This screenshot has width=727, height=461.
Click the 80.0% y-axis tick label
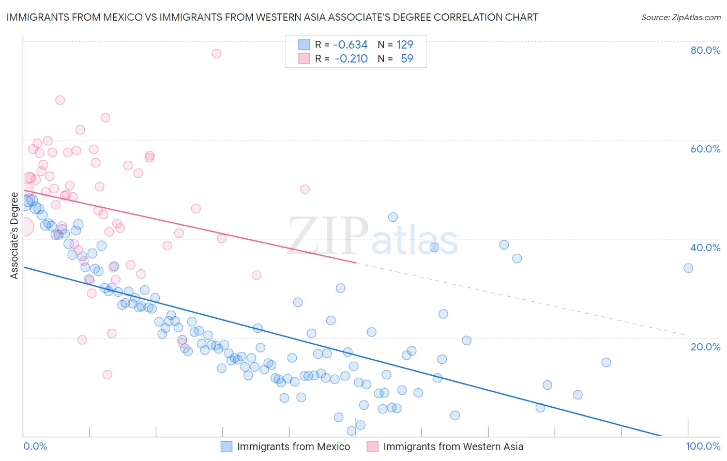click(705, 50)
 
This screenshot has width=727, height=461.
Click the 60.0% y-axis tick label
click(705, 149)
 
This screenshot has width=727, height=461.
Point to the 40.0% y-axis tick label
click(705, 248)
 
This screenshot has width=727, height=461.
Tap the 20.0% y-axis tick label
click(705, 347)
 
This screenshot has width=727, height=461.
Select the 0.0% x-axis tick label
click(35, 446)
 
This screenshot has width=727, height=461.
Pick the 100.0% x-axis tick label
click(703, 446)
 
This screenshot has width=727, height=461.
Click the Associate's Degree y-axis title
click(14, 236)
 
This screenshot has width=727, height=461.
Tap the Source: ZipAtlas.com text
click(680, 17)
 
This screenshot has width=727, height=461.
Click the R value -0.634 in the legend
click(350, 44)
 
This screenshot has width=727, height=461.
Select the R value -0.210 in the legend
click(351, 58)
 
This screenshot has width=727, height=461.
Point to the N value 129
click(405, 44)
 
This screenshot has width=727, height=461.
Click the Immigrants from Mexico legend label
click(293, 447)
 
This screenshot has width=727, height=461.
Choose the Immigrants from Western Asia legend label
click(453, 447)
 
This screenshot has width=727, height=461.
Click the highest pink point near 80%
click(217, 54)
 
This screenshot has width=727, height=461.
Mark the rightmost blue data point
click(688, 268)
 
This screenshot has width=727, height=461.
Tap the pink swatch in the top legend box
click(304, 58)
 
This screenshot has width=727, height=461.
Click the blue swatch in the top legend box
click(304, 44)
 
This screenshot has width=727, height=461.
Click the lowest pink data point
click(108, 375)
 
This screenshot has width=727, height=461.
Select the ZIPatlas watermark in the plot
click(372, 236)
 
